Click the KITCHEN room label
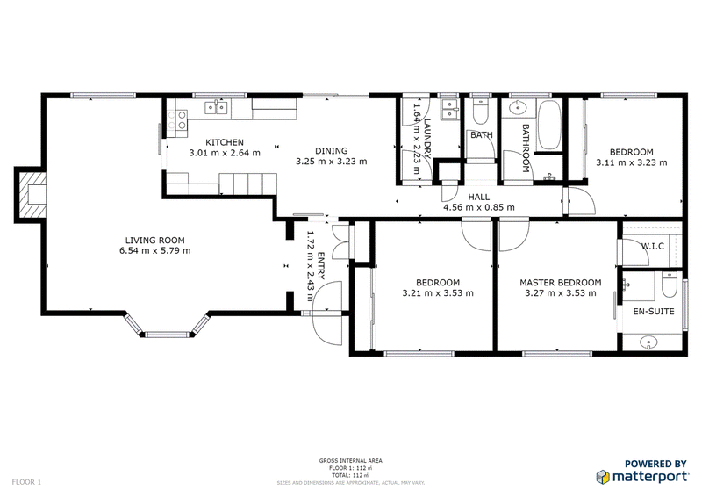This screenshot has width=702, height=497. pos(224,142)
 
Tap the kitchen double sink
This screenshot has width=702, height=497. pos(217,108)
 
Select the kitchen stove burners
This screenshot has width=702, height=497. pos(181,119)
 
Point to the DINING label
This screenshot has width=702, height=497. pos(332,150)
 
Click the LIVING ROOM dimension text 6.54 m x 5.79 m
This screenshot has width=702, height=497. pos(157,250)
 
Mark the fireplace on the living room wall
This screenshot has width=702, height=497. pos(33,196)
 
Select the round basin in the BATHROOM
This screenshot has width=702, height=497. pos(516,110)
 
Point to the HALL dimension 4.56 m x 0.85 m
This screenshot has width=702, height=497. pos(478,207)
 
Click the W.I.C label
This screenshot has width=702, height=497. pos(650,245)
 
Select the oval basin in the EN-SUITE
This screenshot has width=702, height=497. pos(650,341)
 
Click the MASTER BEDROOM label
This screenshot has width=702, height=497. pos(560,282)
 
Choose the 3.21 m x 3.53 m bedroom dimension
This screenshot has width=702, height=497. pos(437,293)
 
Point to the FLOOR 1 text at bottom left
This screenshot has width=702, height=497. pos(26,482)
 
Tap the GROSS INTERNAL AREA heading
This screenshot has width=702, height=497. pos(350,460)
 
